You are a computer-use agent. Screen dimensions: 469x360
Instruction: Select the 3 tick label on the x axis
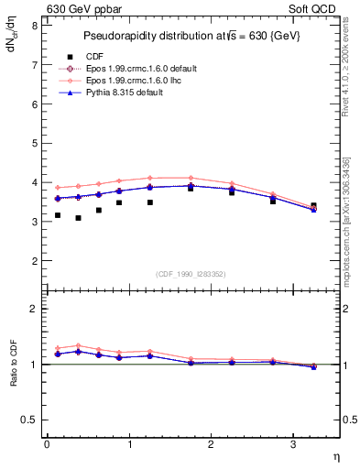pyautogui.click(x=293, y=444)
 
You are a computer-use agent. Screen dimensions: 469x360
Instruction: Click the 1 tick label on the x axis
pyautogui.click(x=129, y=444)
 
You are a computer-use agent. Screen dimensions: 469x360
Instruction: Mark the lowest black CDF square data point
pyautogui.click(x=78, y=218)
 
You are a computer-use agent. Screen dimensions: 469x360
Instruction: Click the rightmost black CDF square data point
pyautogui.click(x=314, y=206)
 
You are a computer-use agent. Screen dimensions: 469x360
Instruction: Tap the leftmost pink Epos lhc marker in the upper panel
pyautogui.click(x=58, y=188)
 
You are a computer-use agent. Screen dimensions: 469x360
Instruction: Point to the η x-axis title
pyautogui.click(x=336, y=455)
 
